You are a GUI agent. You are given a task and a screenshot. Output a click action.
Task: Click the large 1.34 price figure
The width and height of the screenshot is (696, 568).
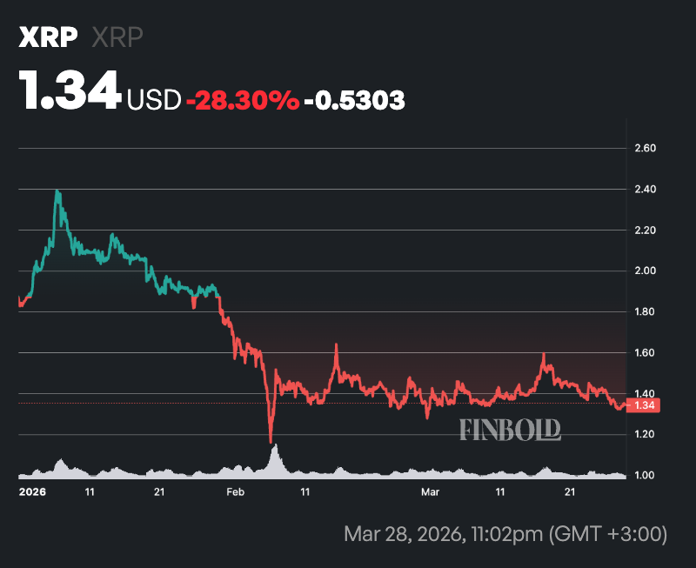[x=70, y=91]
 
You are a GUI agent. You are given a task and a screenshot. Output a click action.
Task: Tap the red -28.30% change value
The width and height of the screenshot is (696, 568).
[x=242, y=101]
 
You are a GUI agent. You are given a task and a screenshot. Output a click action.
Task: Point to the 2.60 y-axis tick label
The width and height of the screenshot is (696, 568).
[x=644, y=149]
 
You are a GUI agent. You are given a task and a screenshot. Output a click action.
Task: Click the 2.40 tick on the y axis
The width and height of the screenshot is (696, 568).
[x=644, y=190]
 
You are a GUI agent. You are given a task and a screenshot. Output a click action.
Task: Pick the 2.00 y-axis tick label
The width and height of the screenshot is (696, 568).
[x=644, y=271]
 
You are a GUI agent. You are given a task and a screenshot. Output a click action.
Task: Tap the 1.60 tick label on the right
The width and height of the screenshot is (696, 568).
[x=644, y=353]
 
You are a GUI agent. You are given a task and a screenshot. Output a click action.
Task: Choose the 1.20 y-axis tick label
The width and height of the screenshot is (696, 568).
[x=644, y=435]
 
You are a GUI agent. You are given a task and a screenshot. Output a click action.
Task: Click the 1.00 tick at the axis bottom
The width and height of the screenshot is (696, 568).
[x=644, y=476]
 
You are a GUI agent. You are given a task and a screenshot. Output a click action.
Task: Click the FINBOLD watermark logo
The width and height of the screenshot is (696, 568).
[x=510, y=429]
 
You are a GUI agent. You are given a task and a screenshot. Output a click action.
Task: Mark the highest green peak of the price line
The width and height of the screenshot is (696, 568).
[x=57, y=190]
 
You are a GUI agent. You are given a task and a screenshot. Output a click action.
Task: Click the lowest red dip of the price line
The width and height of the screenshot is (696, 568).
[x=271, y=441]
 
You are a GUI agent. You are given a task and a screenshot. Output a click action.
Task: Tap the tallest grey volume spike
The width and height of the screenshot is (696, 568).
[x=275, y=447]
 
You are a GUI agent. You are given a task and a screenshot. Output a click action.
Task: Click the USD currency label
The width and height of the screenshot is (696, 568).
[x=154, y=101]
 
